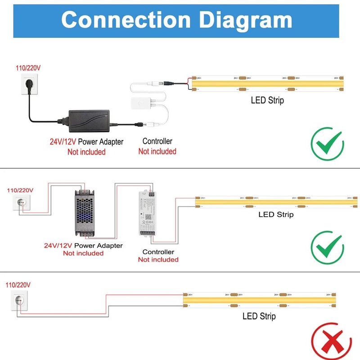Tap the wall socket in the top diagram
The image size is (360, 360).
(x=26, y=84)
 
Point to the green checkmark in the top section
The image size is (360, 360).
(x=327, y=144)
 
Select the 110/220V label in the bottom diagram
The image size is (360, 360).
(x=18, y=285)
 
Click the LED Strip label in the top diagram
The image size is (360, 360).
(x=267, y=100)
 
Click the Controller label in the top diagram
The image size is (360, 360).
(x=157, y=141)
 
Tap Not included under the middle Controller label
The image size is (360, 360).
(x=158, y=260)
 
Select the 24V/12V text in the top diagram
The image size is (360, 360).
(x=63, y=142)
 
